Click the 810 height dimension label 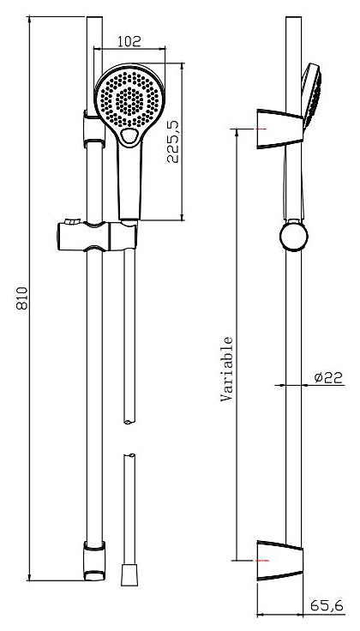point(22,298)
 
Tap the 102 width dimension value point(129,41)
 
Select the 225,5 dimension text point(173,142)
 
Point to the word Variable point(227,369)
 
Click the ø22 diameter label point(328,377)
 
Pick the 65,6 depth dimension point(327,605)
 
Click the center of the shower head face point(129,99)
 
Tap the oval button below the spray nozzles point(129,136)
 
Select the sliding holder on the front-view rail point(98,236)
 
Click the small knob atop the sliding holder point(73,220)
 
